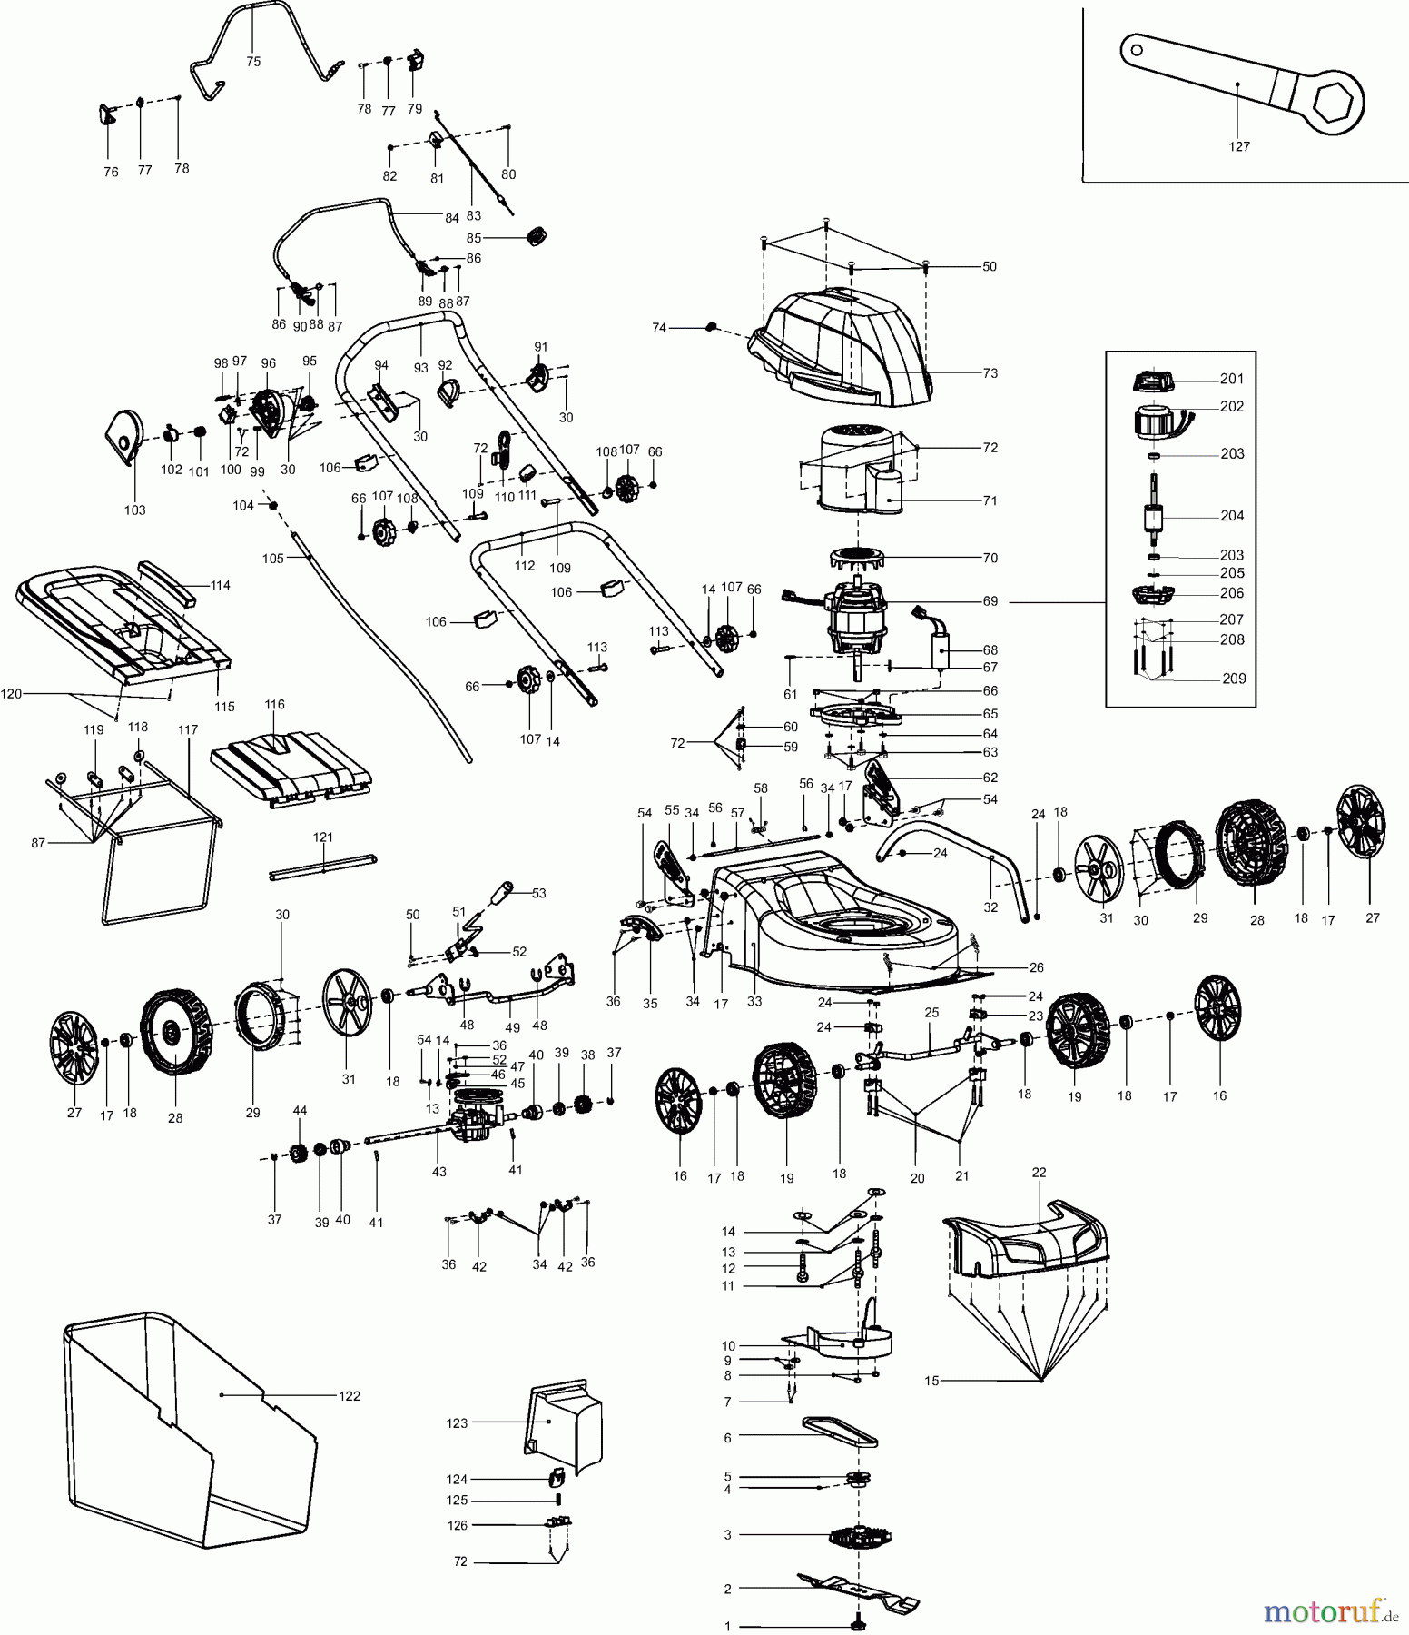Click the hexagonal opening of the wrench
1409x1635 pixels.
1333,102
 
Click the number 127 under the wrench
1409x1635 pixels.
1238,146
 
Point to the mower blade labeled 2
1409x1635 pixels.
857,1589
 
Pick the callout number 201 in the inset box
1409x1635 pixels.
1231,379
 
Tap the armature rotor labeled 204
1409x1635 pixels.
1154,518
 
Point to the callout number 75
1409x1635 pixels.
253,62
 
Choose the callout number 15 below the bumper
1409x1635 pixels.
931,1381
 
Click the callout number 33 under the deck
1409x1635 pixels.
754,1001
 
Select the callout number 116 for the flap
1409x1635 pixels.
274,704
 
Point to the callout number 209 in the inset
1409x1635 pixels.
1234,679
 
